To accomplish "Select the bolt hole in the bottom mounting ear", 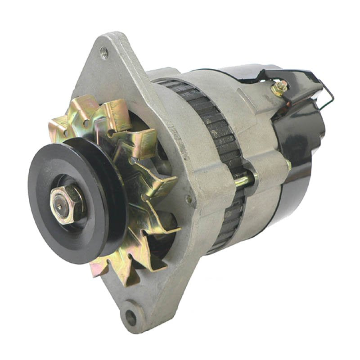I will coord(130,317).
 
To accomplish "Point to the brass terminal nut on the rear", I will coord(279,87).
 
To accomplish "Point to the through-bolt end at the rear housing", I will coord(288,165).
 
